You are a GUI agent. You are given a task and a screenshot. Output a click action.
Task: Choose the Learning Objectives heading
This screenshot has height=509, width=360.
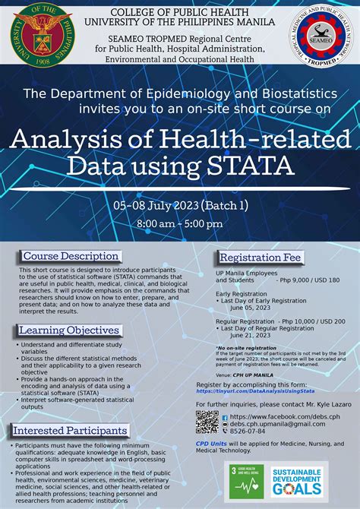pos(68,330)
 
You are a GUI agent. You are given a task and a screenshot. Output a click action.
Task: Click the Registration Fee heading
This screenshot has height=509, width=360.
pos(260,258)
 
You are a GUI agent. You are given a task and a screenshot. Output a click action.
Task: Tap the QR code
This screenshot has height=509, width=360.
pos(207,422)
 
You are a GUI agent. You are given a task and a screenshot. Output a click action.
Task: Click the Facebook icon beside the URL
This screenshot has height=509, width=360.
pos(225,417)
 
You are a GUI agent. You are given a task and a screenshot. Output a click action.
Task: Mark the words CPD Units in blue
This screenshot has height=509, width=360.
pos(211,442)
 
